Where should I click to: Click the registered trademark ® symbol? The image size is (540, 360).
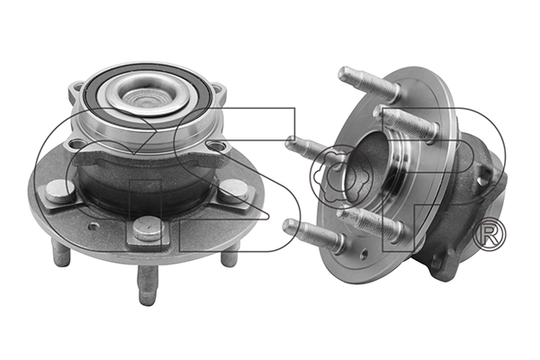pos(490,234)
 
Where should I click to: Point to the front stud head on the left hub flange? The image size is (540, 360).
pos(148,229)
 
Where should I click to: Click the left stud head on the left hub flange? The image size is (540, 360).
pos(60,191)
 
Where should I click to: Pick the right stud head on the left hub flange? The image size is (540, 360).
pos(233,190)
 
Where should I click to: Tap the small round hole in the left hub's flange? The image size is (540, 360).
pos(94,226)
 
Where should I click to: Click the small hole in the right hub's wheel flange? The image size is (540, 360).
pos(364,254)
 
